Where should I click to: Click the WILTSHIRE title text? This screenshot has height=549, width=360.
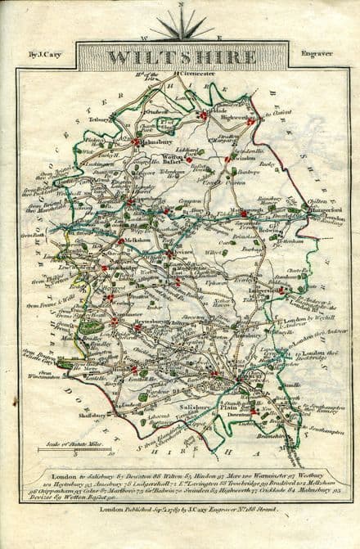click(x=181, y=57)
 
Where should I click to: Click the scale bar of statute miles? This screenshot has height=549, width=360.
click(x=73, y=450)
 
